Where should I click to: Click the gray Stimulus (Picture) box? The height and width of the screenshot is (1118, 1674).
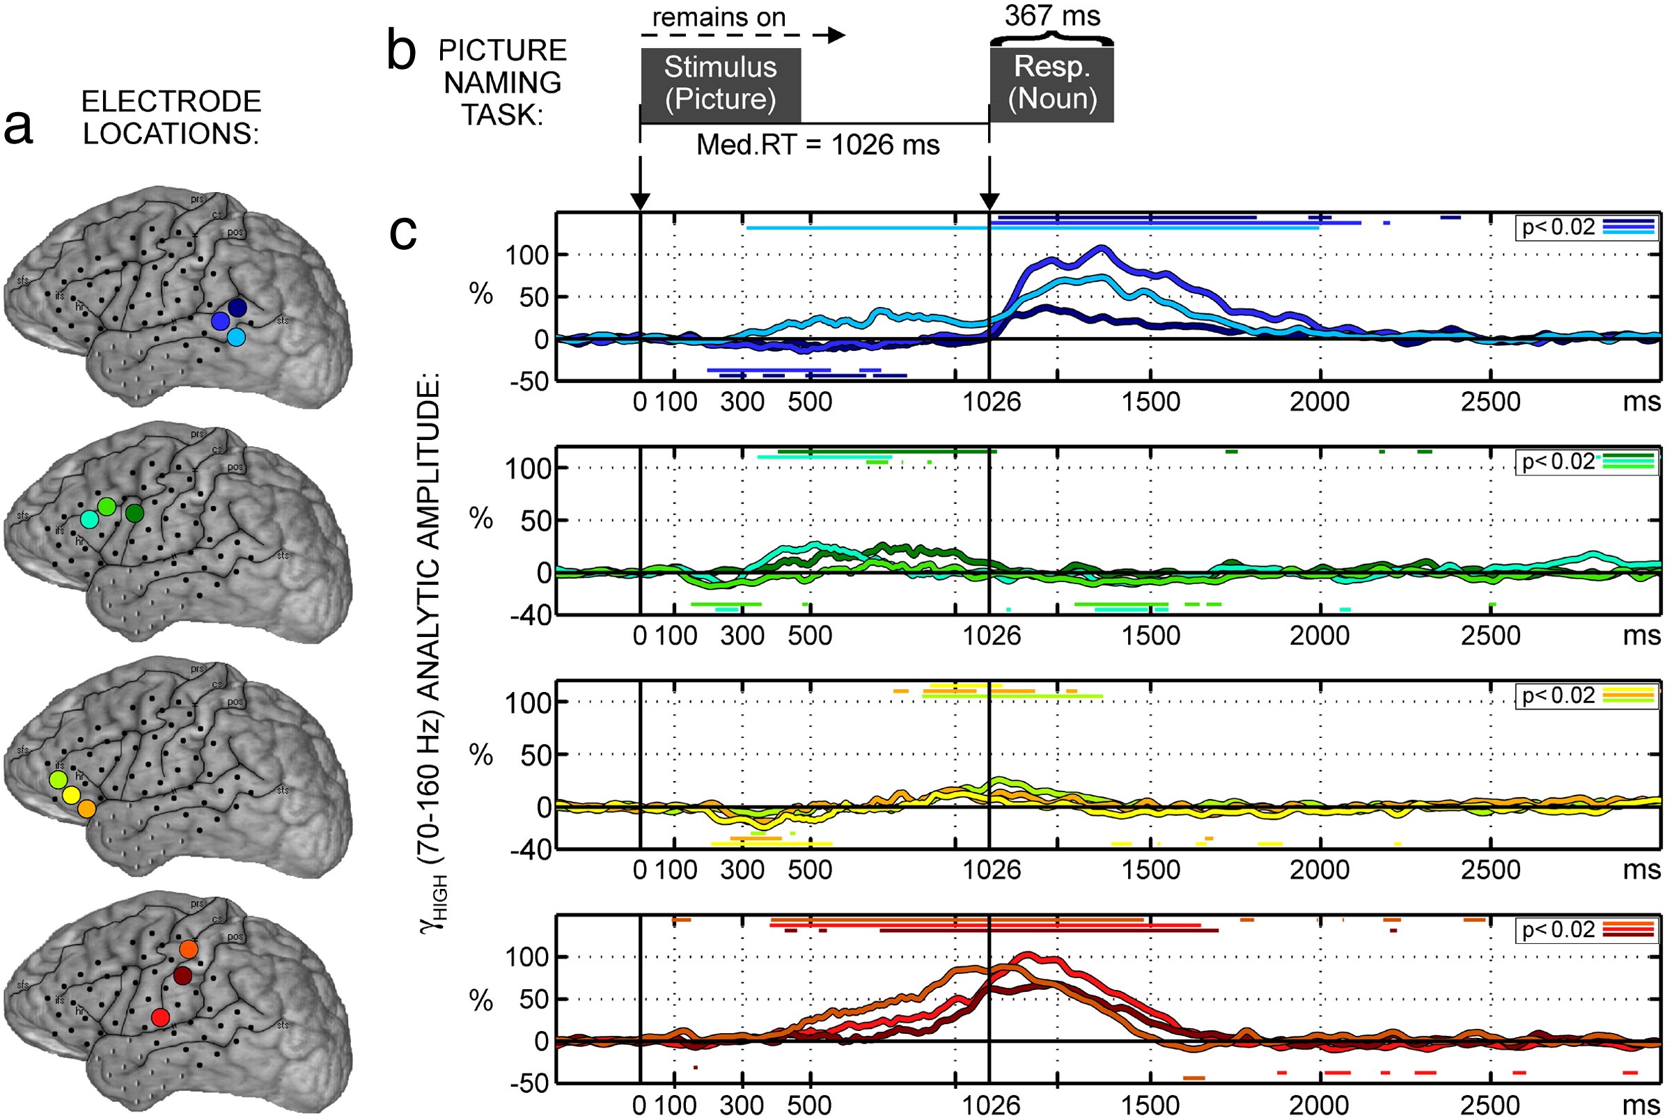click(x=721, y=84)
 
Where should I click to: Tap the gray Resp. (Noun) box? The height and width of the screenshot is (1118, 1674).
click(x=1051, y=84)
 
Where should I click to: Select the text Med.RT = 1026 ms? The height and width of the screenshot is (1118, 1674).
click(x=818, y=145)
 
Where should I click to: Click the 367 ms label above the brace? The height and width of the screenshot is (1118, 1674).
click(x=1052, y=16)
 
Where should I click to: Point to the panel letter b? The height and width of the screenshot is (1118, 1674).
click(x=401, y=52)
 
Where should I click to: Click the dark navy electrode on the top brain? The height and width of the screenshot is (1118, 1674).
click(x=237, y=307)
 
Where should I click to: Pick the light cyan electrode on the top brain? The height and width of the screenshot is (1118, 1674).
click(x=236, y=336)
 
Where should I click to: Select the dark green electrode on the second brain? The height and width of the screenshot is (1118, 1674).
click(x=134, y=512)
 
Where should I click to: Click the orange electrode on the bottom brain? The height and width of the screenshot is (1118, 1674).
click(x=188, y=949)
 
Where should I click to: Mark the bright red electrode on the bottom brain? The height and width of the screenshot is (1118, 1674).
click(x=160, y=1018)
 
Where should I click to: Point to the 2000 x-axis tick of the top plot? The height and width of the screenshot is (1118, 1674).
click(x=1320, y=402)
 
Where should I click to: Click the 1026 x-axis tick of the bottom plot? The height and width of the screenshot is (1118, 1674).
click(x=992, y=1105)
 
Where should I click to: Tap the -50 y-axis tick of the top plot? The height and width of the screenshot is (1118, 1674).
click(x=529, y=381)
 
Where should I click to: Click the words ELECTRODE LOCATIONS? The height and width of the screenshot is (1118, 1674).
click(x=171, y=118)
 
